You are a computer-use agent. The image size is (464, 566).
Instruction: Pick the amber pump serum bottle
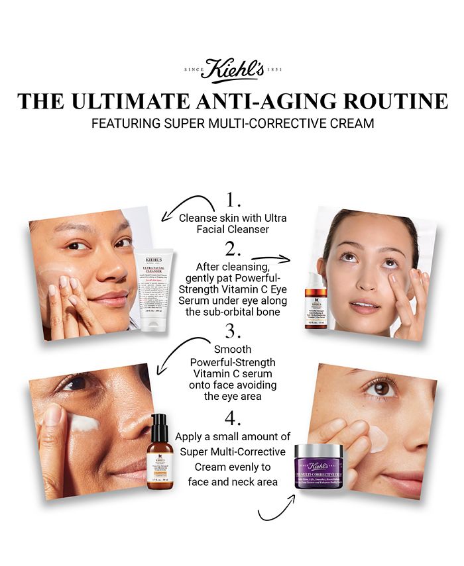tap(160, 453)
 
